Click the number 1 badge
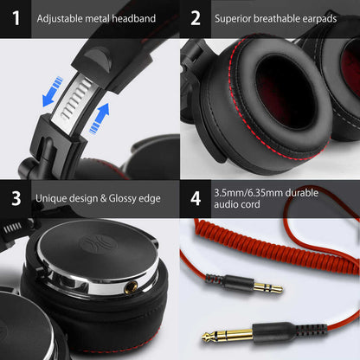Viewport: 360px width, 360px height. (x=15, y=17)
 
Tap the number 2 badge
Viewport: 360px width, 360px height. (x=196, y=17)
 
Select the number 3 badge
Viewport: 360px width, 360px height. (x=15, y=198)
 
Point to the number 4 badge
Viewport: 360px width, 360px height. (x=196, y=198)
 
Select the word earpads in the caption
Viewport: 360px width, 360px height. (x=316, y=17)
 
